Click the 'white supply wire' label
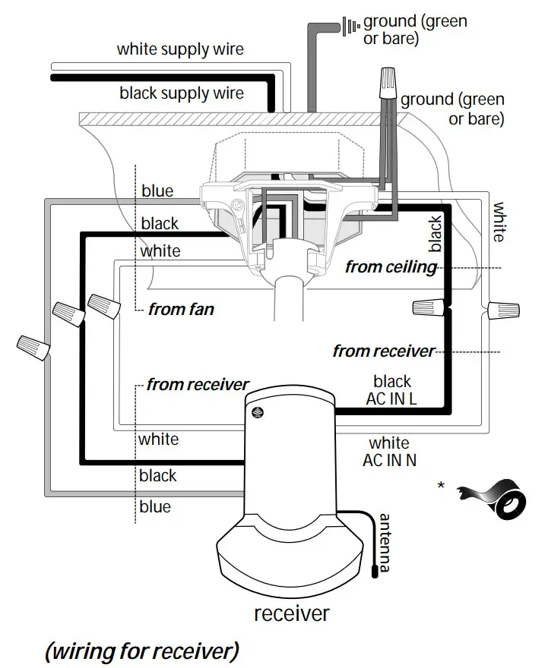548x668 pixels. (x=180, y=50)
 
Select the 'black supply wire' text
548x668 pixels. (x=182, y=93)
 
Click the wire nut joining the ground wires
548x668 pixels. (x=388, y=81)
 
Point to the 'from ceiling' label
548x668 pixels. (x=391, y=266)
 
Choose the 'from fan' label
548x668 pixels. (x=181, y=309)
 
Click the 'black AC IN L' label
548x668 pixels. (x=391, y=390)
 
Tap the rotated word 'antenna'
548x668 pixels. (x=385, y=544)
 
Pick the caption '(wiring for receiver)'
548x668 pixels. (x=142, y=651)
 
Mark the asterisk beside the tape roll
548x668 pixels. (x=441, y=486)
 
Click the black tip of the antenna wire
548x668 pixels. (x=374, y=571)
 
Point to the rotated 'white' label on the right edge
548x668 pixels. (x=499, y=222)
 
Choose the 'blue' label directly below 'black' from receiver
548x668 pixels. (x=155, y=506)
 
